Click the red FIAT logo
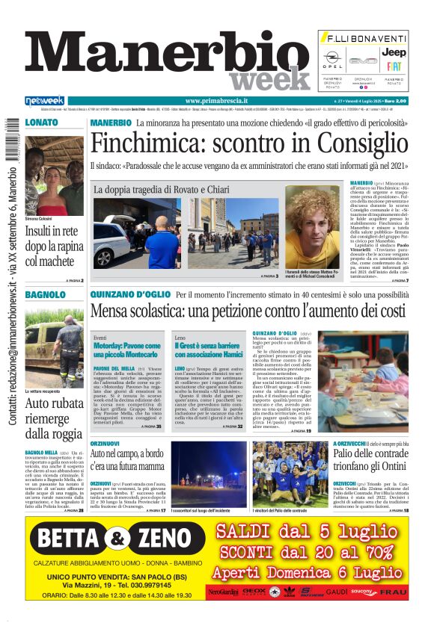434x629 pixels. [x=394, y=66]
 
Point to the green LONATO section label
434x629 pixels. [x=42, y=121]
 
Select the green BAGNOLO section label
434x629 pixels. [x=46, y=295]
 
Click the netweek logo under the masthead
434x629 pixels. [x=44, y=101]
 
